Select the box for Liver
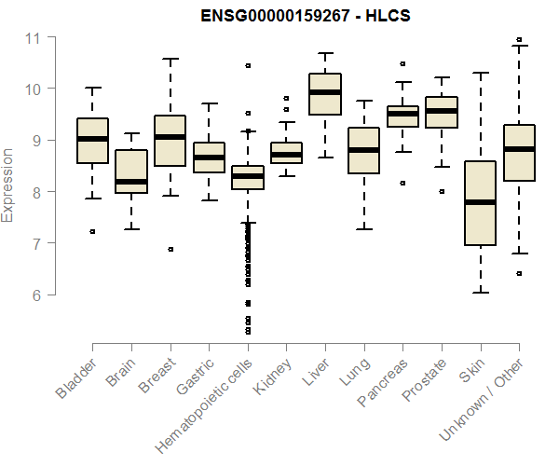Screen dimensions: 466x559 pyautogui.click(x=325, y=93)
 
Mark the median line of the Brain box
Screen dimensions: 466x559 pyautogui.click(x=131, y=181)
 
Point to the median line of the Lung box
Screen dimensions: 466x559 pyautogui.click(x=363, y=149)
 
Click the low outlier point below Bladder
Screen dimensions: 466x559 pyautogui.click(x=92, y=231)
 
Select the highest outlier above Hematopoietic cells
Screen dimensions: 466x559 pyautogui.click(x=248, y=66)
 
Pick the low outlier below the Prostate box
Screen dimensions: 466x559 pyautogui.click(x=442, y=191)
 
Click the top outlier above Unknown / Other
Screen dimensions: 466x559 pyautogui.click(x=519, y=40)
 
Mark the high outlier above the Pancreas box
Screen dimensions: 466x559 pyautogui.click(x=402, y=64)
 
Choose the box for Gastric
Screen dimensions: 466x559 pyautogui.click(x=209, y=158)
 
